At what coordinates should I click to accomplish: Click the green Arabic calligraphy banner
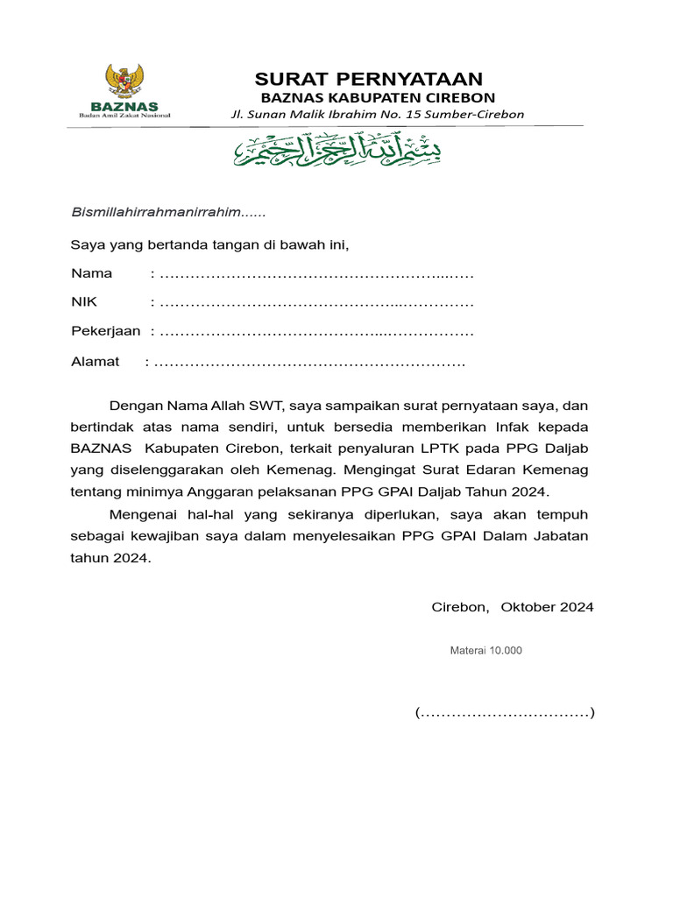(337, 151)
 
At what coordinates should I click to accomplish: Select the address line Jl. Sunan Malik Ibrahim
(377, 114)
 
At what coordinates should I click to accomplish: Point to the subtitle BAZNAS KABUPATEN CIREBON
(378, 97)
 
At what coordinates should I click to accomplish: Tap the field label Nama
(91, 273)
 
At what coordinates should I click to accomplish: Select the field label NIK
(85, 303)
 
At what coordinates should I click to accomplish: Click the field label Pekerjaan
(105, 332)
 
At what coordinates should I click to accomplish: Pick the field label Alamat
(95, 362)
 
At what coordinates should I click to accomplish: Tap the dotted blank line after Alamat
(309, 363)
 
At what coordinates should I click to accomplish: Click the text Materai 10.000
(485, 651)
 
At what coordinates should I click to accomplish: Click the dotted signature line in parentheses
(505, 713)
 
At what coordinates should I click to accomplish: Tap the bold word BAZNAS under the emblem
(125, 106)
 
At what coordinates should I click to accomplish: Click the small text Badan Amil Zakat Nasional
(125, 115)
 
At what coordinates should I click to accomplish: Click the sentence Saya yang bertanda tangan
(216, 244)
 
